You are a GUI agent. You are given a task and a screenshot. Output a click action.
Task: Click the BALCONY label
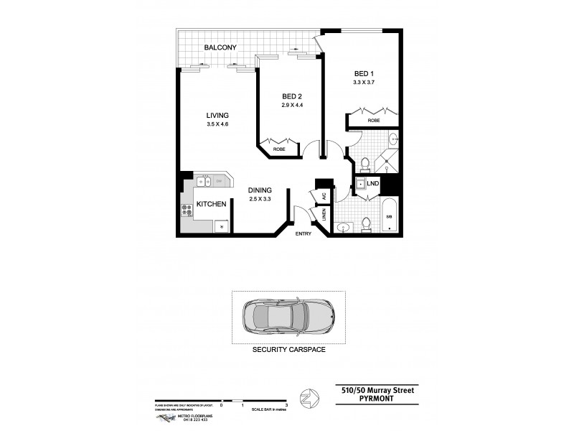(220, 48)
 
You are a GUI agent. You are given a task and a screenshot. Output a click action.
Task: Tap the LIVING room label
(217, 116)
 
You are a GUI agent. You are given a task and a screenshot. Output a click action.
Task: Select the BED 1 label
(364, 73)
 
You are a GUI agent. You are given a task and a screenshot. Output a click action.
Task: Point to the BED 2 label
(292, 97)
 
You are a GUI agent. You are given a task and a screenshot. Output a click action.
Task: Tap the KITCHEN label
(212, 204)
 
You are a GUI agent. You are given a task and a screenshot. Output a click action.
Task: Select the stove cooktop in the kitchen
(186, 210)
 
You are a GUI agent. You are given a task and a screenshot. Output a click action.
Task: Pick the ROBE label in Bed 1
(374, 121)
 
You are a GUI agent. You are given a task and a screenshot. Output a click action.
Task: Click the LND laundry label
(372, 184)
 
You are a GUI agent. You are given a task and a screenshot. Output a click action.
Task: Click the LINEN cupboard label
(324, 214)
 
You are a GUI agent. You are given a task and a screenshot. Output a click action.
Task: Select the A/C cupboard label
(324, 195)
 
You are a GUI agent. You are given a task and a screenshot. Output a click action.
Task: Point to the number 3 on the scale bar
(286, 406)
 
